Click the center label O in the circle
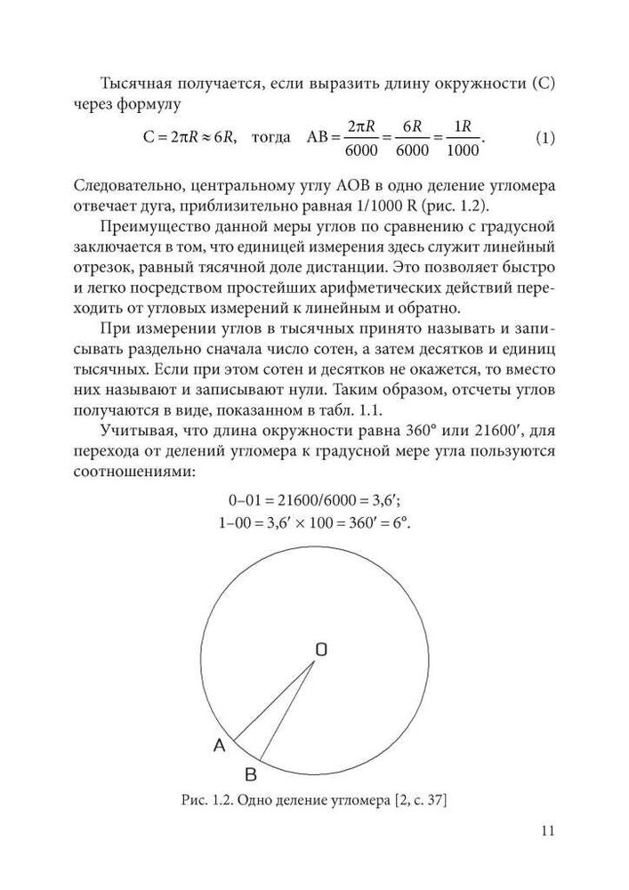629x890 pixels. click(320, 650)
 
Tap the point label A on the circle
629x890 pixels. click(219, 746)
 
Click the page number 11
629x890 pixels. click(547, 831)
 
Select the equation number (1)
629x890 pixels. click(545, 139)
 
